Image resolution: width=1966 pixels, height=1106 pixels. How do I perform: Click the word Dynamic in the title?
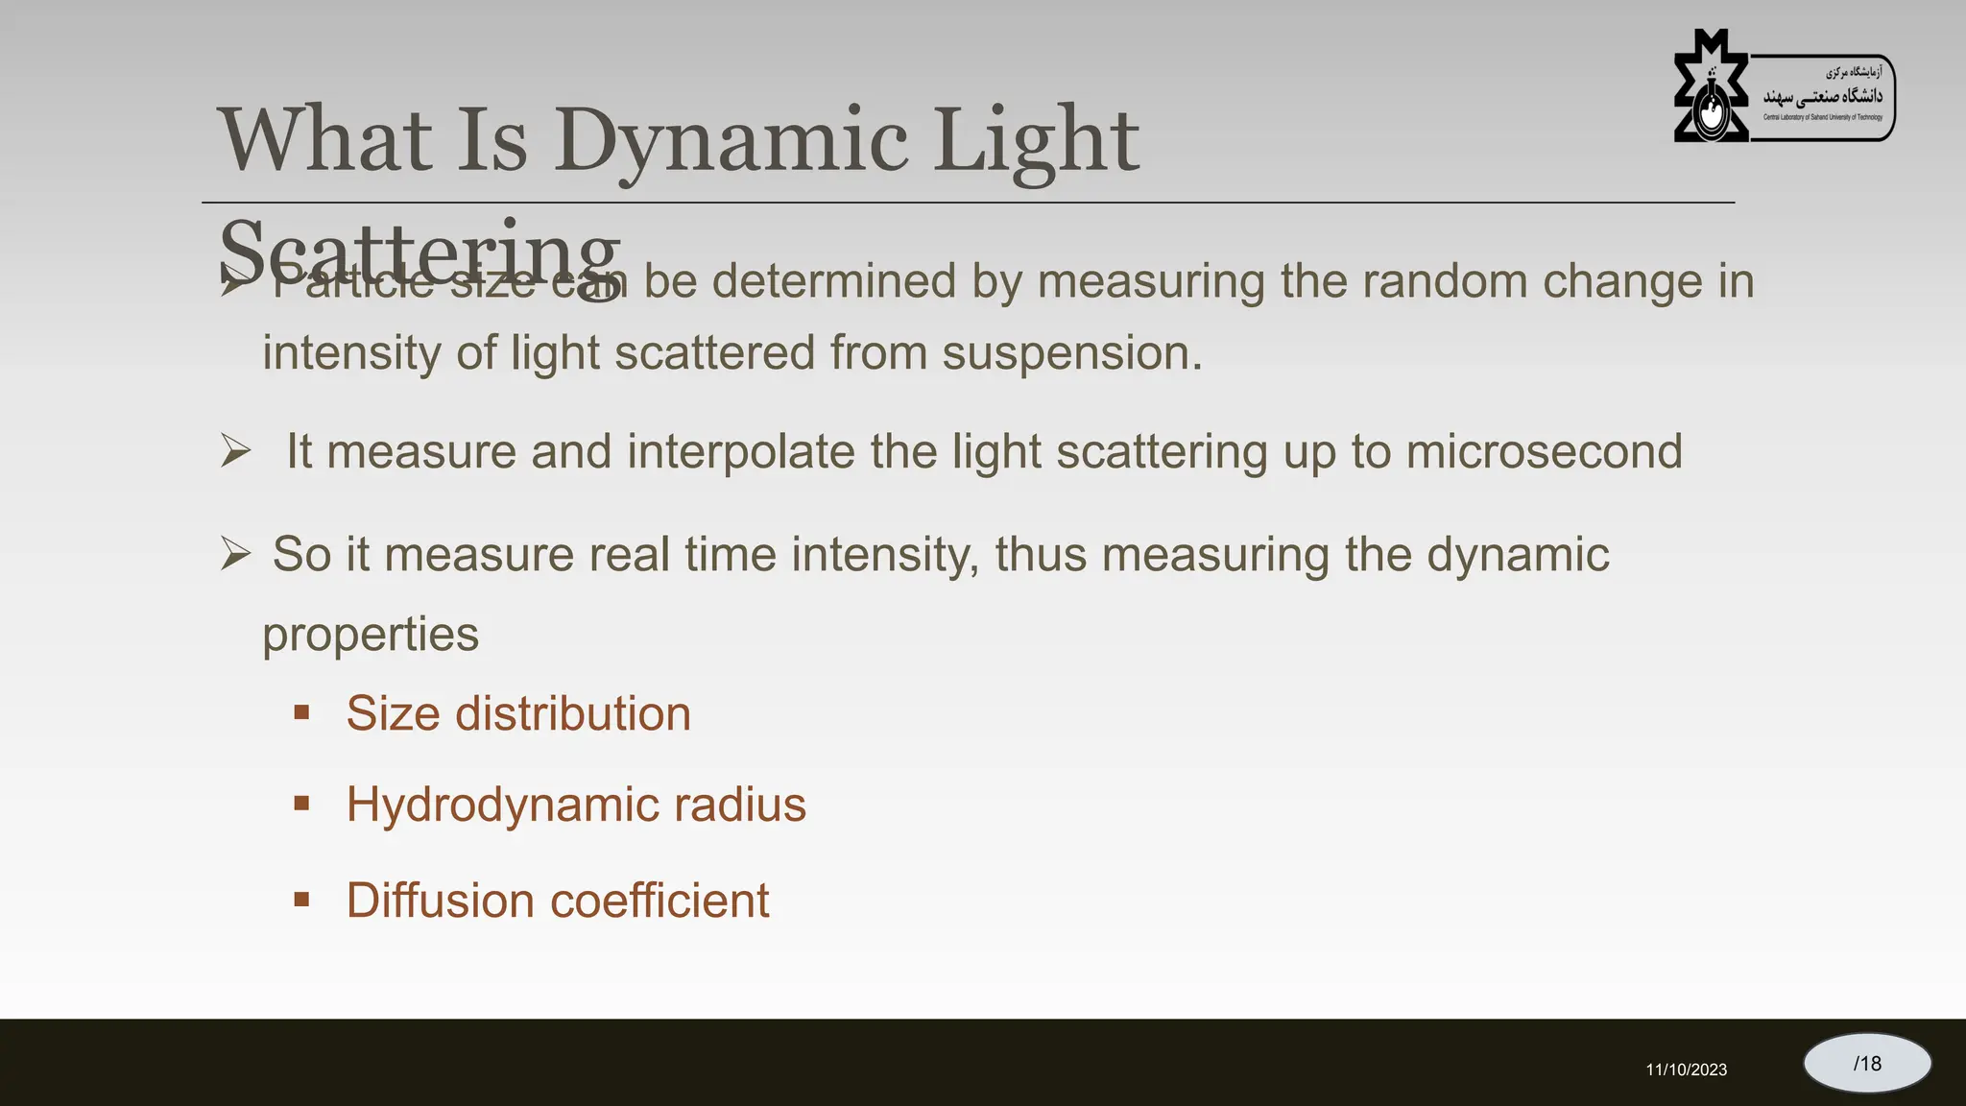[731, 141]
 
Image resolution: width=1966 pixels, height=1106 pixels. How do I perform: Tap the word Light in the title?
[1036, 141]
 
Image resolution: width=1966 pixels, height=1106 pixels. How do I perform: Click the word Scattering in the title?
[419, 252]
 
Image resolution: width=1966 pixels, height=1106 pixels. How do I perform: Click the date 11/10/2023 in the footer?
[1686, 1070]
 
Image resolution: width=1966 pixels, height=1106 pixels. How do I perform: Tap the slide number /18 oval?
[1867, 1063]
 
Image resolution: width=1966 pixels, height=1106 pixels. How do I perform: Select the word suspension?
[1071, 354]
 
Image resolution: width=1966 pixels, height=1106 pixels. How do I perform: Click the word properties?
[371, 636]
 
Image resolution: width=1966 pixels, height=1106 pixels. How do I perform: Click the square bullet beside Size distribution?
[302, 712]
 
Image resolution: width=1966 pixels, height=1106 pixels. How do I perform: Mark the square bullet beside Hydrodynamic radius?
[302, 804]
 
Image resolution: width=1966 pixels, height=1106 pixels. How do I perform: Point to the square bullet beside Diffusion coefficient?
[302, 900]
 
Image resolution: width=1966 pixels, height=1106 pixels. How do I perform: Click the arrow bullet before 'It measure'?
[235, 450]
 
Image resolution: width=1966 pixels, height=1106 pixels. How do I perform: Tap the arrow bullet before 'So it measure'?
[235, 553]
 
